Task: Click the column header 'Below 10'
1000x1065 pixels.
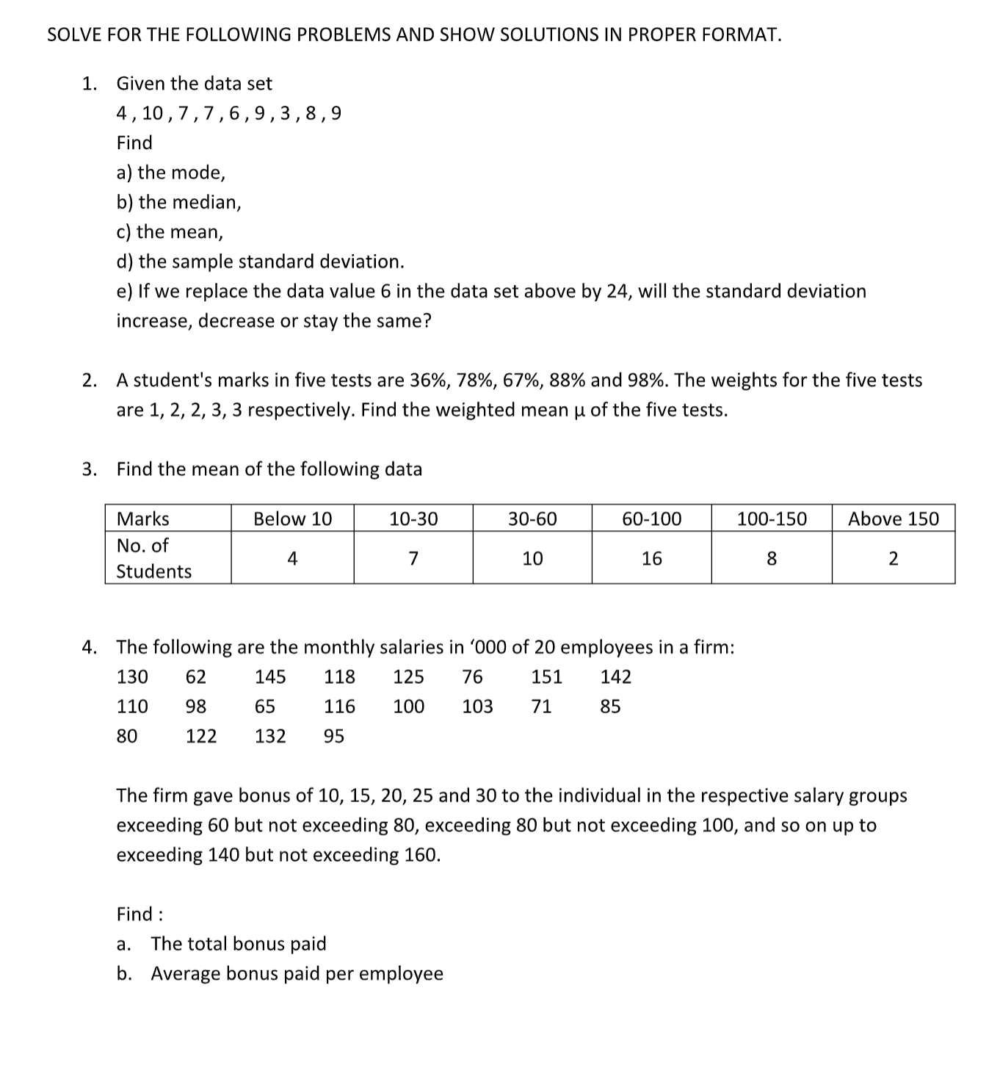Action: [292, 519]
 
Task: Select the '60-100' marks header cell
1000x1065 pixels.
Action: [651, 519]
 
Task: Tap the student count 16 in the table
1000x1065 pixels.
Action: [651, 559]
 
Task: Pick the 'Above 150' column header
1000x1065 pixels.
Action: [893, 519]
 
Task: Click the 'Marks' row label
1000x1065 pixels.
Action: [143, 519]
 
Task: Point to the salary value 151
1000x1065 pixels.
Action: [546, 676]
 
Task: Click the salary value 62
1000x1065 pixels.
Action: [195, 676]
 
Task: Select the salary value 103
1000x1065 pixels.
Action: [477, 707]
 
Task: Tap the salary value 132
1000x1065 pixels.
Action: [270, 736]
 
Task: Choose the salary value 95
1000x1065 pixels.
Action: [334, 736]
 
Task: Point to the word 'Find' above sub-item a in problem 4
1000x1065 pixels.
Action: [134, 914]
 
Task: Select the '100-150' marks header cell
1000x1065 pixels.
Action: [771, 519]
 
